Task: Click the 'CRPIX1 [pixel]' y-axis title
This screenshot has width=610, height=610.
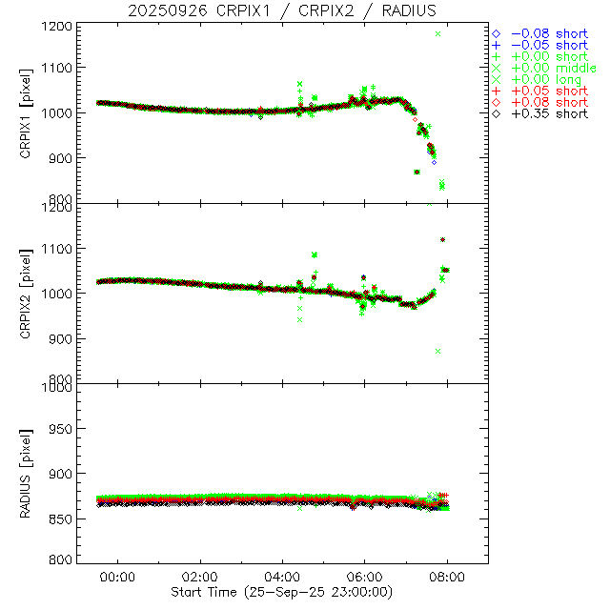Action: tap(38, 113)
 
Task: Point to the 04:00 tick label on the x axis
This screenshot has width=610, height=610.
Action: tap(283, 577)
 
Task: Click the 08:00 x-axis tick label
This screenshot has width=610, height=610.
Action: tap(447, 577)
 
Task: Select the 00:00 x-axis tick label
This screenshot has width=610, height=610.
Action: tap(118, 577)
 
